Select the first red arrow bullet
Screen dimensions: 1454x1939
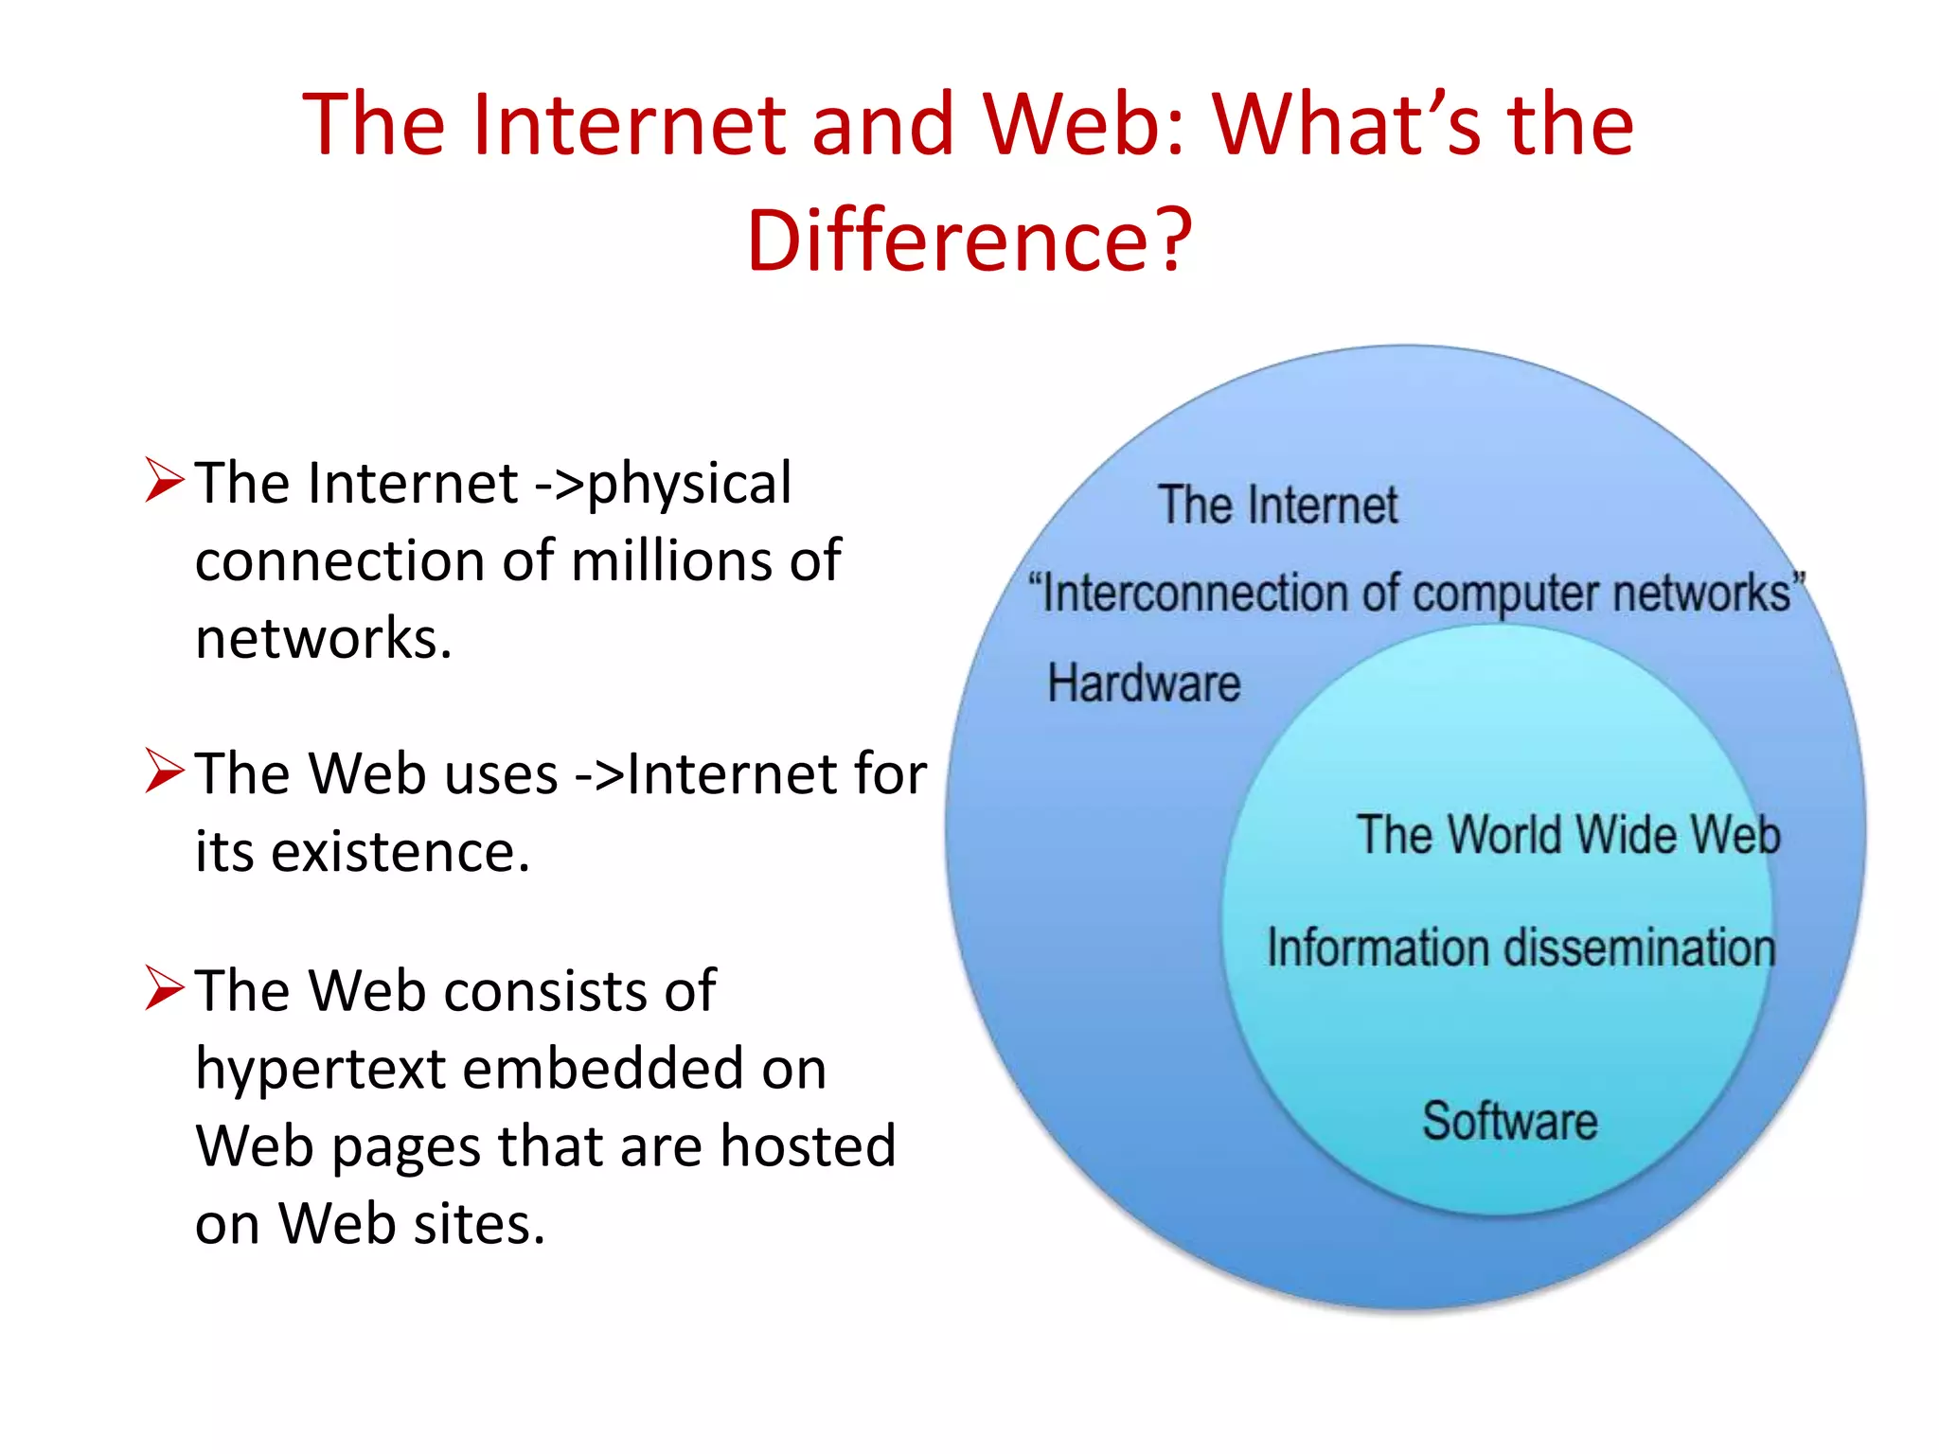tap(164, 480)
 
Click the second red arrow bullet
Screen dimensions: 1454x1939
tap(164, 771)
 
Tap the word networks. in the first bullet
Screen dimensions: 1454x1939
tap(323, 638)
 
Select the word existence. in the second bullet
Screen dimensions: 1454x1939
tap(400, 852)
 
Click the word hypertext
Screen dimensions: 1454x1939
tap(320, 1070)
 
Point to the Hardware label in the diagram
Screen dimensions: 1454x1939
tap(1144, 683)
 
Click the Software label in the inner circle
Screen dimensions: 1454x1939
tap(1510, 1122)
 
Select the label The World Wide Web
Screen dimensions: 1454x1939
tap(1569, 835)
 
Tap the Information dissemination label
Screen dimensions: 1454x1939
tap(1521, 948)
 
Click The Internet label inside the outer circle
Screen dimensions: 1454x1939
tap(1277, 505)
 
